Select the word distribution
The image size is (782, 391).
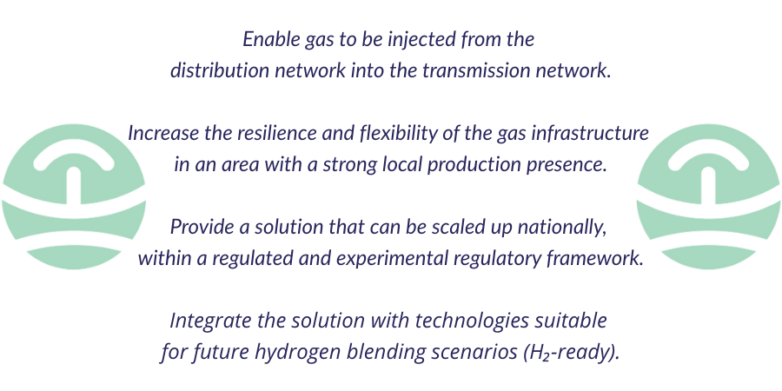(x=219, y=70)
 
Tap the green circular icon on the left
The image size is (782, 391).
(x=73, y=196)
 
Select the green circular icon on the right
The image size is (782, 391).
(x=708, y=196)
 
